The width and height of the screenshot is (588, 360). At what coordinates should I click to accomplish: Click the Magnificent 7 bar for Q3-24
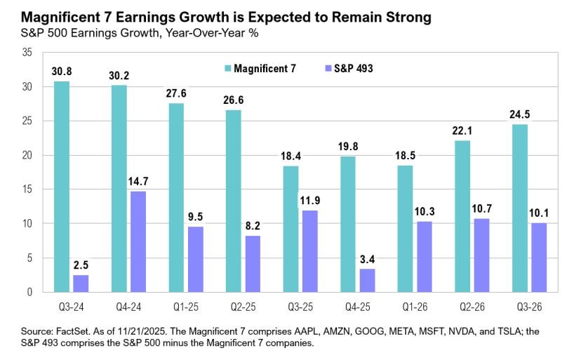point(62,186)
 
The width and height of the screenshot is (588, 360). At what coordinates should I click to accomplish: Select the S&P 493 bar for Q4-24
point(138,241)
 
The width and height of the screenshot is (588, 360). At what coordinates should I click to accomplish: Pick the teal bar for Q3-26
point(519,208)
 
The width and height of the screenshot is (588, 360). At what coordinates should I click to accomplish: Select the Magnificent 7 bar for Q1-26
point(405,228)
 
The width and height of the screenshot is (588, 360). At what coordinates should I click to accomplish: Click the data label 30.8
point(62,72)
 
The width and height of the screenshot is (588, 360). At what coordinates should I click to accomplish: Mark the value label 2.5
point(81,266)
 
